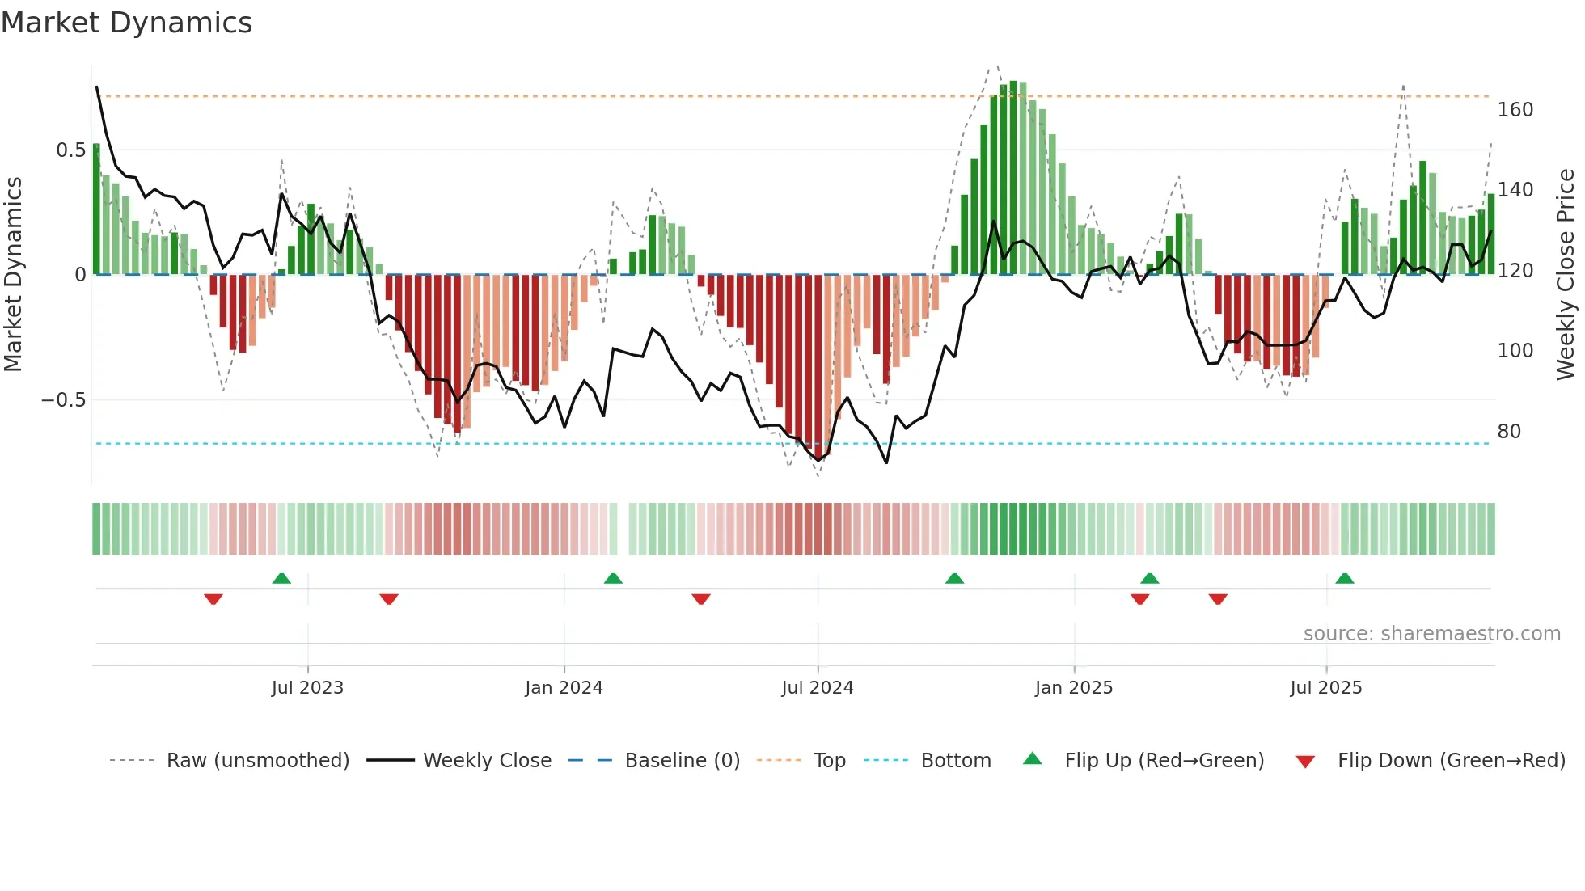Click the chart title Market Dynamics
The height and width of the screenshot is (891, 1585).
pos(127,23)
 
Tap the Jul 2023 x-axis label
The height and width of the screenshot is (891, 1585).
pos(307,688)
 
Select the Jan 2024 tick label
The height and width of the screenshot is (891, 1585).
pos(564,688)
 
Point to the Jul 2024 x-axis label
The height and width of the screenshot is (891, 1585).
pos(818,688)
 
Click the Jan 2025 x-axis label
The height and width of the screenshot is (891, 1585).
pos(1074,688)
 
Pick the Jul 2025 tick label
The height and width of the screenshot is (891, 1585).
pos(1326,688)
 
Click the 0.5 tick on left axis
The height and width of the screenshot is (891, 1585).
pos(71,150)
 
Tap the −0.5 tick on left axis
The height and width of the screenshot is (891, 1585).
pos(64,400)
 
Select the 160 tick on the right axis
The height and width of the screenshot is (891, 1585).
pos(1515,110)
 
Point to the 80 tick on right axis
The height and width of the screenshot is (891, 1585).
pos(1509,432)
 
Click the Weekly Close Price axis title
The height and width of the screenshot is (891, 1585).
pos(1566,275)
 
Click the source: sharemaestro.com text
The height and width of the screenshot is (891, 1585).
pos(1431,634)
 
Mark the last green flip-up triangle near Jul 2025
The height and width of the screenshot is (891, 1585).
pos(1345,579)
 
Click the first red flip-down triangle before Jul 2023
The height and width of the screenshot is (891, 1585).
pos(213,598)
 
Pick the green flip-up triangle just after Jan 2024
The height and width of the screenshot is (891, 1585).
pos(613,579)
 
